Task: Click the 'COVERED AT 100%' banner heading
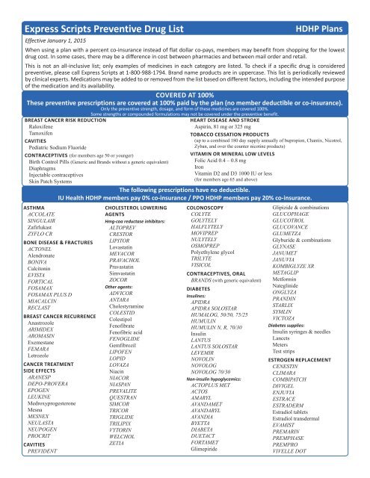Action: tap(185, 95)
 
